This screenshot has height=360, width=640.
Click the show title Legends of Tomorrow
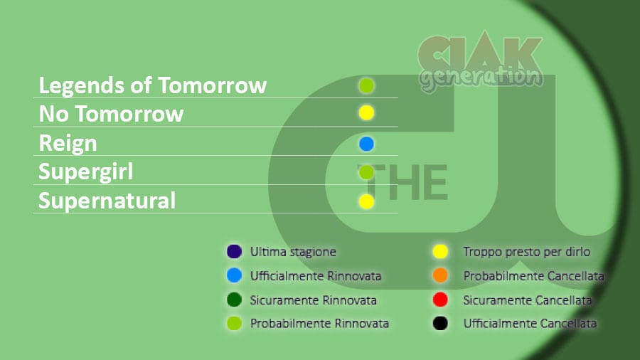153,85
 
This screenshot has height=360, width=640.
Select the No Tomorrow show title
111,114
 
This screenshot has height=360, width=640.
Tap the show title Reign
68,144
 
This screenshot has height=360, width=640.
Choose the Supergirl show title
86,172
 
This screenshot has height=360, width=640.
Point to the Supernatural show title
107,201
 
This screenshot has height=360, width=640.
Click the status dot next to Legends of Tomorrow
366,85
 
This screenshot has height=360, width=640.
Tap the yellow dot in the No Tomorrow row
366,112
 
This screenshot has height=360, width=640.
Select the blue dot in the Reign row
366,144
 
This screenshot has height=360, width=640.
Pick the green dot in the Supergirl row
366,172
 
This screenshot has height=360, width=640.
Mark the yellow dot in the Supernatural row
366,201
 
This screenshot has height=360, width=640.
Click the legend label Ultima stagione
293,252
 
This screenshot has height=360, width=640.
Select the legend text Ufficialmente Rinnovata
316,276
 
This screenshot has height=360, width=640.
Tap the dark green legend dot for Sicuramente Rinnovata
234,300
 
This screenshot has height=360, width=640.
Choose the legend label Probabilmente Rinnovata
319,323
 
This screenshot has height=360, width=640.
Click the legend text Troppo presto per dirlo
526,252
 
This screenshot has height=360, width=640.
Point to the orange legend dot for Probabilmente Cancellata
440,275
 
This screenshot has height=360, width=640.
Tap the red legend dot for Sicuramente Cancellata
440,300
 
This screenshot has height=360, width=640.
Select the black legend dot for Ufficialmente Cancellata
440,323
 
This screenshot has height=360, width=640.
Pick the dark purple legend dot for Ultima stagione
234,251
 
